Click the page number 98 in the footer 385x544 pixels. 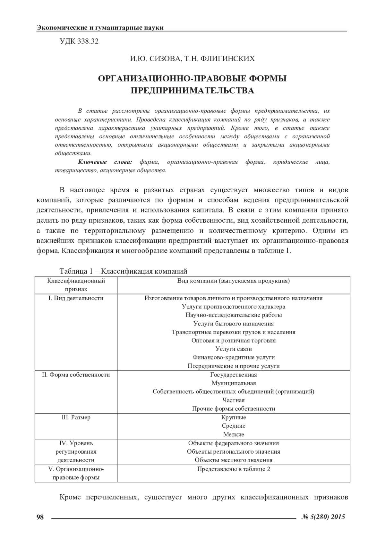(40, 516)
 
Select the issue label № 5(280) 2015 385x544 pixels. (323, 516)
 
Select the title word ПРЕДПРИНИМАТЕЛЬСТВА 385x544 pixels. (193, 90)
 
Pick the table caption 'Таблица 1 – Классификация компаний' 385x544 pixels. (123, 271)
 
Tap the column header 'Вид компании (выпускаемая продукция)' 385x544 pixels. (234, 281)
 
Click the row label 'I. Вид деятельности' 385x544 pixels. (76, 298)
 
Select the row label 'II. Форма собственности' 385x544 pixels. (76, 375)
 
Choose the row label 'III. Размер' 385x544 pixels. (76, 417)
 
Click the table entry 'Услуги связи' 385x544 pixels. (234, 349)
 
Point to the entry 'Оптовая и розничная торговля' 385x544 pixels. (234, 340)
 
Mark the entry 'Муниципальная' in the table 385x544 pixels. (234, 383)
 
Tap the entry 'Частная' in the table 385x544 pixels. (234, 400)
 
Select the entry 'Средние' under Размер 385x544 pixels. (234, 426)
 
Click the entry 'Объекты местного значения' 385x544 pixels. (234, 460)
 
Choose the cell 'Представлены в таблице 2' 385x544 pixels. (234, 469)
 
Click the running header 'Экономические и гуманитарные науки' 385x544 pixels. (100, 28)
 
